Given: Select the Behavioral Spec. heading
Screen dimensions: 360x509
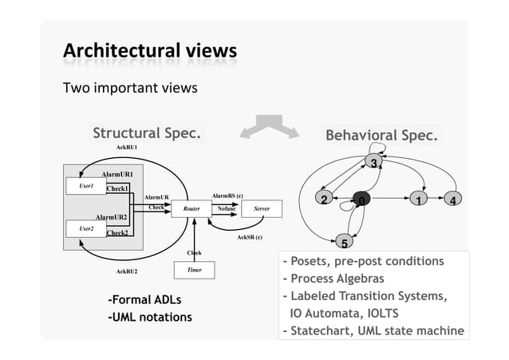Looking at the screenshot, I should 381,136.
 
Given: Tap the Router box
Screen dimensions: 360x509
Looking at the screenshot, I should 191,208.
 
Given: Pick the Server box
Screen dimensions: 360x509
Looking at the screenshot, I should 261,208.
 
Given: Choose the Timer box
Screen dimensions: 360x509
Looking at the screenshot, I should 194,271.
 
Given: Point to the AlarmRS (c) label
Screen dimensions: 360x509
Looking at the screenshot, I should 227,194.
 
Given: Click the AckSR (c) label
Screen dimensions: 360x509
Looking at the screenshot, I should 250,237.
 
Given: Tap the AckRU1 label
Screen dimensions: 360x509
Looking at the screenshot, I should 127,148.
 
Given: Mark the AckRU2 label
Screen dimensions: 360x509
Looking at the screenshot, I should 127,271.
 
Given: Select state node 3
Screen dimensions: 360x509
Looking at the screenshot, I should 373,164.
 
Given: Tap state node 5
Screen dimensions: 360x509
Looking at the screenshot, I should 345,242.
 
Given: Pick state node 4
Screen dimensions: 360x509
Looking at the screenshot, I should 452,200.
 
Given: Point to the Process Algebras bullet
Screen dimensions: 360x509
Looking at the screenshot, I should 333,279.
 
